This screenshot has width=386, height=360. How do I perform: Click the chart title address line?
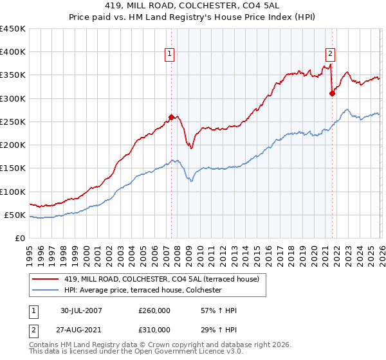point(193,6)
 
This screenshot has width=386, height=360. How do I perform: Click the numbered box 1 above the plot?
point(169,55)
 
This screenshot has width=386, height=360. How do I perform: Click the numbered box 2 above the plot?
point(330,55)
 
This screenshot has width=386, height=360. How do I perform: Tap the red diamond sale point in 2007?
point(171,117)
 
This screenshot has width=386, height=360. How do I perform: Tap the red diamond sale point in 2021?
point(333,93)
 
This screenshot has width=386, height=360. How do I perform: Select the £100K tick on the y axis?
point(13,192)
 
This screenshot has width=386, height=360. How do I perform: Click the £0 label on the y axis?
point(21,238)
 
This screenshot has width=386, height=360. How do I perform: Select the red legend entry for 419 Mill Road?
point(160,279)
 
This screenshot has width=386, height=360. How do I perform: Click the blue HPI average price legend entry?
point(142,291)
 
